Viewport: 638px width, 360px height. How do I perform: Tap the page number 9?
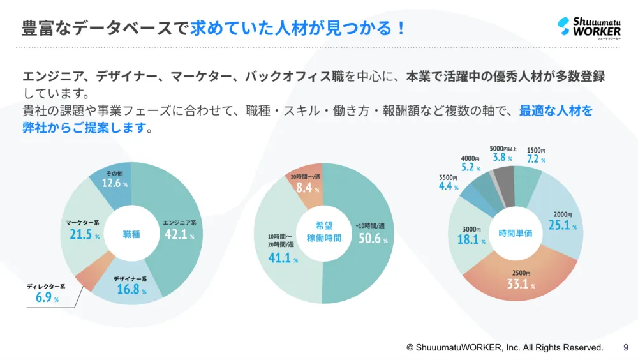click(626, 348)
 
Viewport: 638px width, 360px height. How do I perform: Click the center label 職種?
click(131, 234)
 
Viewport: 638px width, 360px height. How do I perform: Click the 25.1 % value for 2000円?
click(562, 225)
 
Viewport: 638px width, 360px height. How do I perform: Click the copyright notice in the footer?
click(505, 348)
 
